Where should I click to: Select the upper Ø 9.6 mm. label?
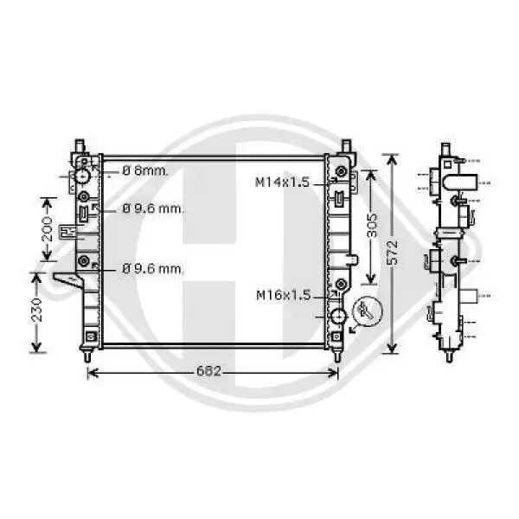(x=152, y=208)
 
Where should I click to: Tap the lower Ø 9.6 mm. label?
(x=152, y=269)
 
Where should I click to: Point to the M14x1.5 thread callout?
(x=282, y=183)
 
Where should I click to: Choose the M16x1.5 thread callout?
(x=282, y=295)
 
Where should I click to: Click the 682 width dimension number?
(x=213, y=372)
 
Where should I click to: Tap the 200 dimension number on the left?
(x=48, y=229)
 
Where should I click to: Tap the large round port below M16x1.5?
(x=336, y=317)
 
